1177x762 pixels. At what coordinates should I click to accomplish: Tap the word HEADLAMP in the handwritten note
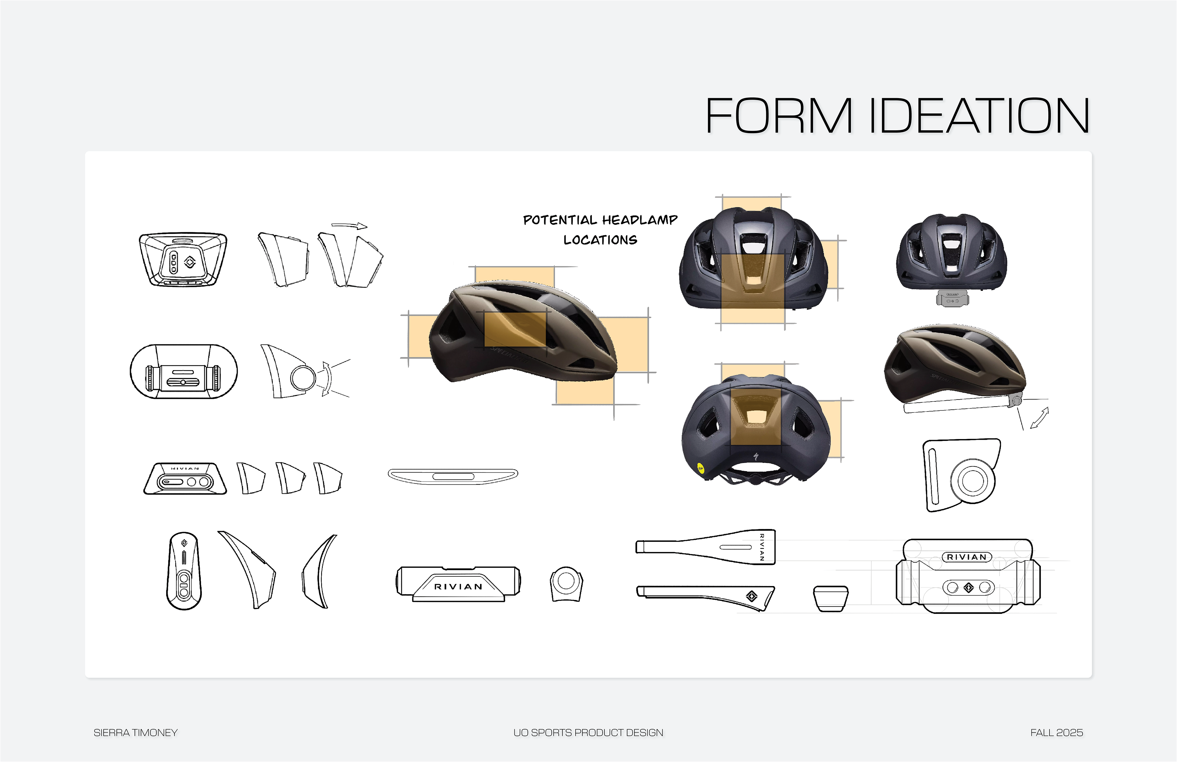[639, 220]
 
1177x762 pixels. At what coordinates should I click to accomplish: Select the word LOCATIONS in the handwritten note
[600, 240]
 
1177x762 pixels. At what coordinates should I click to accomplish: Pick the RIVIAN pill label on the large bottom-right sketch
[967, 557]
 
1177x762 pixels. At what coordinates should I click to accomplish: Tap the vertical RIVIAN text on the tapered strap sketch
[762, 547]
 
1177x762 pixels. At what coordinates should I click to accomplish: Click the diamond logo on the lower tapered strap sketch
[751, 596]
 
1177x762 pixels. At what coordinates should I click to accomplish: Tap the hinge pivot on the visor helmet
[1017, 400]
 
